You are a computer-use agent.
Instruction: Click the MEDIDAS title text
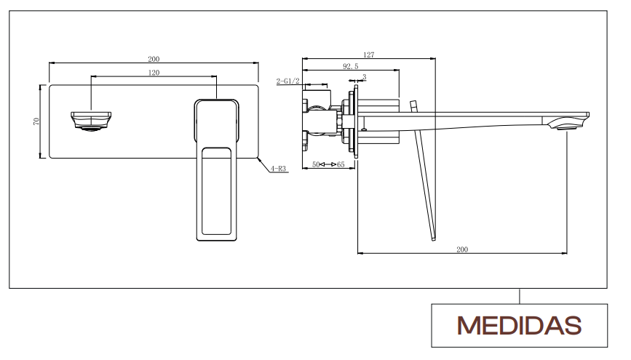[x=519, y=325]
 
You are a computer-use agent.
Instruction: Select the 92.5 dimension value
[x=350, y=66]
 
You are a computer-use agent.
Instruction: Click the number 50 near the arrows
[x=317, y=165]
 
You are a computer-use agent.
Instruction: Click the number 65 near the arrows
[x=340, y=165]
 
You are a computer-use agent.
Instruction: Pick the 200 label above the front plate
[x=154, y=59]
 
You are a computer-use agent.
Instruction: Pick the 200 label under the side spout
[x=461, y=249]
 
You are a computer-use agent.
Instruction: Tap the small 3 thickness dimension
[x=364, y=76]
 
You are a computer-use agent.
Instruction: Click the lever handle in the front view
[x=216, y=167]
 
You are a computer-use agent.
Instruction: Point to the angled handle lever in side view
[x=426, y=182]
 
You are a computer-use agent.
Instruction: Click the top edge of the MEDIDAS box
[x=519, y=303]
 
